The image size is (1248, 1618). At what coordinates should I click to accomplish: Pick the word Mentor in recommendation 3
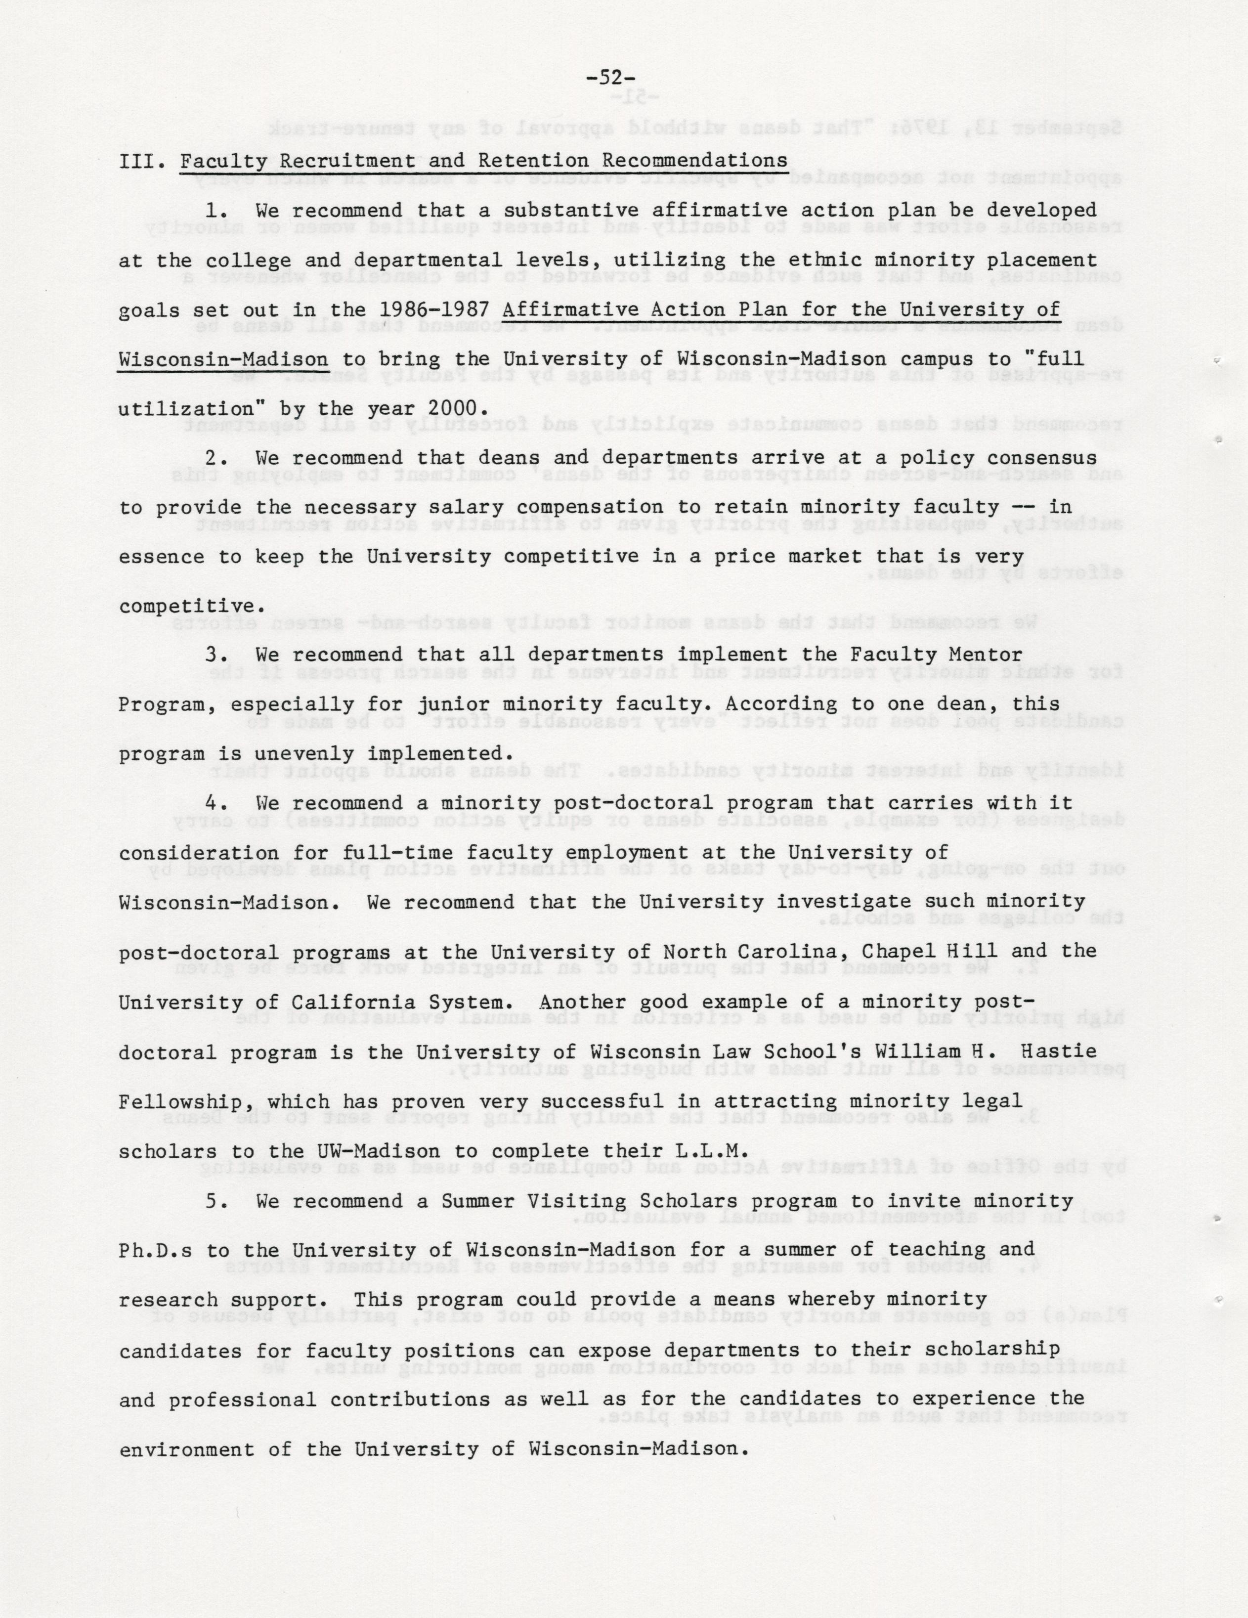click(x=985, y=655)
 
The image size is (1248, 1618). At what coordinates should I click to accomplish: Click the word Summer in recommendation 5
click(x=478, y=1201)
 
